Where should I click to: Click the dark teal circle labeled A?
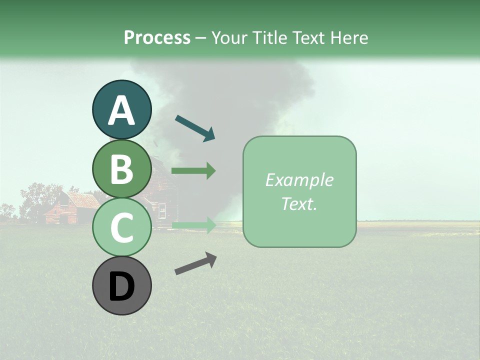click(121, 110)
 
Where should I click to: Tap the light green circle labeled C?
click(121, 227)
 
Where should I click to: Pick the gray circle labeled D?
click(121, 285)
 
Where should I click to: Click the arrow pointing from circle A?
click(195, 128)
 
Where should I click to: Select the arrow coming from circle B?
click(193, 171)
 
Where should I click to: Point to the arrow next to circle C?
click(193, 225)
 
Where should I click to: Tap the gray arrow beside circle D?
click(195, 263)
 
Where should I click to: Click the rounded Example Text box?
click(299, 191)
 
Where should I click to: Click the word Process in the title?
click(157, 37)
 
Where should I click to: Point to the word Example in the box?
click(299, 180)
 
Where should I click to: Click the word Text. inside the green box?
click(299, 203)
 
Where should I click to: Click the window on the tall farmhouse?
click(162, 211)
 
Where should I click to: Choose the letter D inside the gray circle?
click(121, 286)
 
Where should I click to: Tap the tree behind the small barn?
click(37, 197)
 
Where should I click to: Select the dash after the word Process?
click(201, 38)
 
